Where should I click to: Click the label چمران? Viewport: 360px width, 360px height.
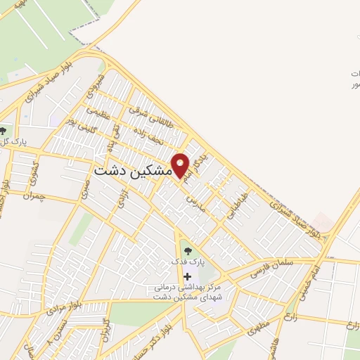(32, 196)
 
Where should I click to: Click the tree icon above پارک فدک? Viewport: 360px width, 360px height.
(186, 249)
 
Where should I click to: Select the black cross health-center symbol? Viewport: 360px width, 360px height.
(186, 276)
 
